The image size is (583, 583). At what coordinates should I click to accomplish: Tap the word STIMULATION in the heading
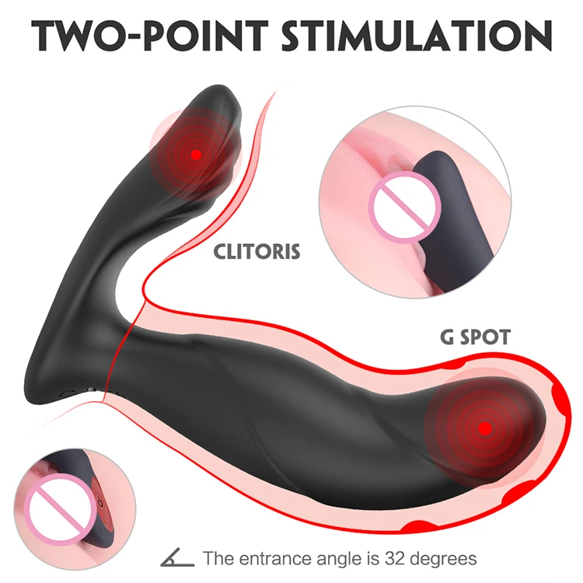[421, 37]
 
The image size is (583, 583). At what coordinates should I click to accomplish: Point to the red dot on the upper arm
[197, 154]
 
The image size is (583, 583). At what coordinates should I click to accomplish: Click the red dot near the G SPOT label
[484, 428]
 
